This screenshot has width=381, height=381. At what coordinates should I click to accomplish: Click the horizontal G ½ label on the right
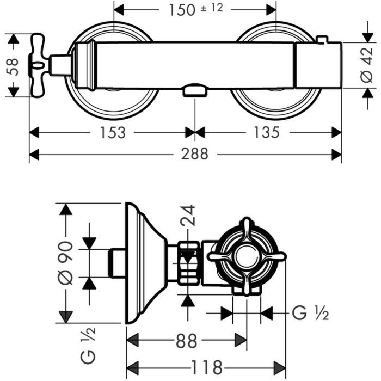(x=310, y=313)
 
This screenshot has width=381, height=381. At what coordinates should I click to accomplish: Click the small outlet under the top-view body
(x=194, y=91)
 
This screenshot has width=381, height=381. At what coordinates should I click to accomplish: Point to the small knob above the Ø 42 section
(x=322, y=40)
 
